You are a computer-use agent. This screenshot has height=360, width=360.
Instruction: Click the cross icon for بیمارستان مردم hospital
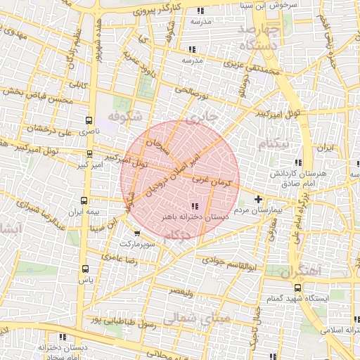pos(259,198)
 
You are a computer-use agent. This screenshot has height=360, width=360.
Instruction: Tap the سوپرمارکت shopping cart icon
pos(136,233)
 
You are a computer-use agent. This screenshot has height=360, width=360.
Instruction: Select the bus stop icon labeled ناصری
pos(88,121)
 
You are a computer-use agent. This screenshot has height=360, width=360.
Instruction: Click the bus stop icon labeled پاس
pos(86,269)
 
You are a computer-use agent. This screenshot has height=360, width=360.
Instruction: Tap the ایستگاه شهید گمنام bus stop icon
pos(298,287)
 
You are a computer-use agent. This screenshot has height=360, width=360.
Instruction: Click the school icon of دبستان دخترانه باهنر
pos(195,206)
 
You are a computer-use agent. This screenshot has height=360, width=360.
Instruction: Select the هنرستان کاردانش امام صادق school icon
pos(298,162)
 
